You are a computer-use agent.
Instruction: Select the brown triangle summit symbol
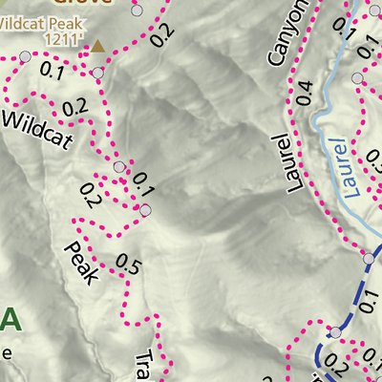coord(96,44)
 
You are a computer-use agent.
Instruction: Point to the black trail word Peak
coord(81,264)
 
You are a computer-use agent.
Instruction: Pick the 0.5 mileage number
coord(127,265)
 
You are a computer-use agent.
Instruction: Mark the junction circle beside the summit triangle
coord(97,73)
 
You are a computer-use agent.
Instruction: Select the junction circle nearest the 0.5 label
coord(146,210)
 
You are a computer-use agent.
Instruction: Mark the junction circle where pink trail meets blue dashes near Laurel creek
coord(370,258)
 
